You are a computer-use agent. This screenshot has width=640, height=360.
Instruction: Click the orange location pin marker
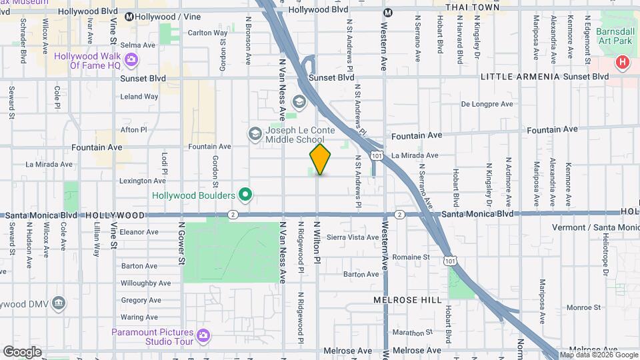(321, 159)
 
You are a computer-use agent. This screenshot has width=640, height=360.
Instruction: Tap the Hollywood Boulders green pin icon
(245, 195)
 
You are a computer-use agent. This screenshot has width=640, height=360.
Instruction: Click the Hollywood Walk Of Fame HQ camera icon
(131, 60)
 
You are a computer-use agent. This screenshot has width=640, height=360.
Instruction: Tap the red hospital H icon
(622, 64)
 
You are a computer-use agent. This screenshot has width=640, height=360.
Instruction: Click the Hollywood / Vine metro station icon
(129, 16)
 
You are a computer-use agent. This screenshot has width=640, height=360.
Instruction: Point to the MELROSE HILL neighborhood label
(407, 301)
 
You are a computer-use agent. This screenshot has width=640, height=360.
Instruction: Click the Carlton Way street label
(207, 33)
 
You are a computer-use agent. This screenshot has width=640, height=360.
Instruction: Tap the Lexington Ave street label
(142, 181)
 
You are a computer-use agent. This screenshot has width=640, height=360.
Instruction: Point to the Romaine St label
(411, 257)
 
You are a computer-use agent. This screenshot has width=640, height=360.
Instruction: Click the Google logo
(22, 351)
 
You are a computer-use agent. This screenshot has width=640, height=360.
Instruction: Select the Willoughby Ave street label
(146, 283)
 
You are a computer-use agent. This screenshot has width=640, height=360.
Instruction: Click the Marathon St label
(408, 332)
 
